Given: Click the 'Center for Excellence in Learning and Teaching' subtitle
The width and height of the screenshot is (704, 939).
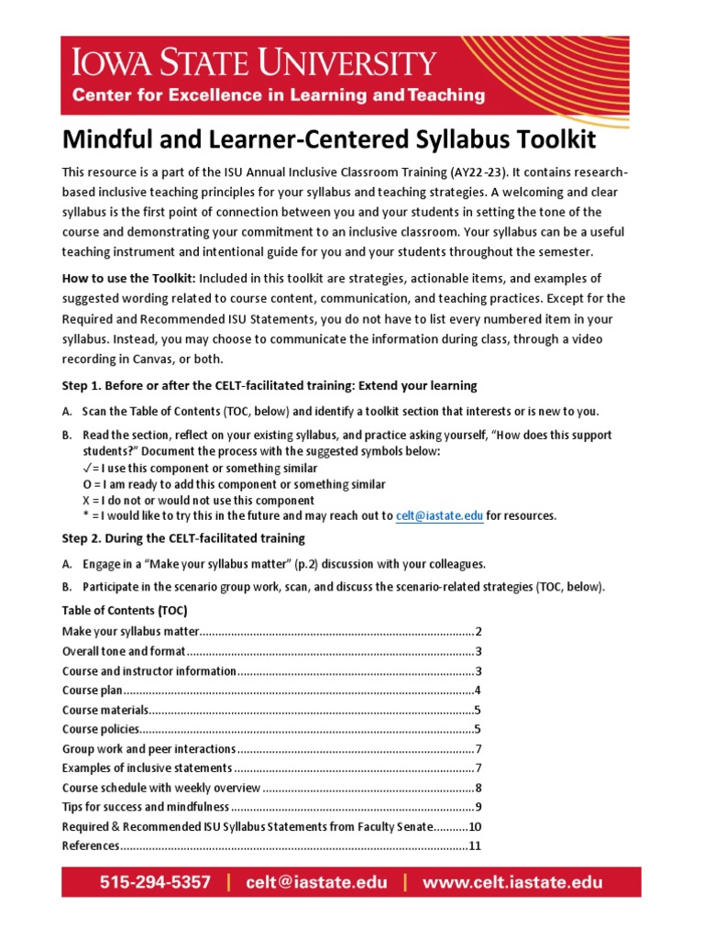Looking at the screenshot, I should click(279, 94).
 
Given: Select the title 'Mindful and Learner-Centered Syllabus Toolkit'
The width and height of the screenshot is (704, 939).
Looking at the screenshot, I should click(328, 140).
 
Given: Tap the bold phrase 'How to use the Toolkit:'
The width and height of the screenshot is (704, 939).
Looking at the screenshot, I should click(127, 278).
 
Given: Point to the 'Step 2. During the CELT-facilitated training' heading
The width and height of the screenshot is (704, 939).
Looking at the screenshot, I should click(183, 538).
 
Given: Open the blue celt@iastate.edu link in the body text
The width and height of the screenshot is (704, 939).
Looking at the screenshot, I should click(439, 516).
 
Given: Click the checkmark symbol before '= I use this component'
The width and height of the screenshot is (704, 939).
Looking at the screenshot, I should click(87, 468).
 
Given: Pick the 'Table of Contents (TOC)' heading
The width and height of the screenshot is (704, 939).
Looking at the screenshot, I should click(125, 610).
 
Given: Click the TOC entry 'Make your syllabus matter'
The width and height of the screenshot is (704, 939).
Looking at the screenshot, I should click(130, 632).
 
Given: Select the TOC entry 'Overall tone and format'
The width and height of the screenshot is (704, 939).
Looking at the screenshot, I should click(124, 652).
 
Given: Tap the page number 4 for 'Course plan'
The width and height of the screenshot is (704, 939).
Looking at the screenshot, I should click(478, 690).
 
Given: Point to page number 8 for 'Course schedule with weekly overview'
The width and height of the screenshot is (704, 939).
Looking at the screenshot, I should click(478, 788).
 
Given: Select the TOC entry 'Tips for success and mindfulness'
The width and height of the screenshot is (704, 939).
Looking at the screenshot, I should click(146, 807).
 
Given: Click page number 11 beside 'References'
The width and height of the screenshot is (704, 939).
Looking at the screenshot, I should click(475, 845).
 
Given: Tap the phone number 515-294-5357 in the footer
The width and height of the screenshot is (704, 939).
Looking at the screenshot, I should click(155, 882).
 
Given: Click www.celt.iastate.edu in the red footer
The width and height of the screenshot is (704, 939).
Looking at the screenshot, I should click(512, 882).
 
